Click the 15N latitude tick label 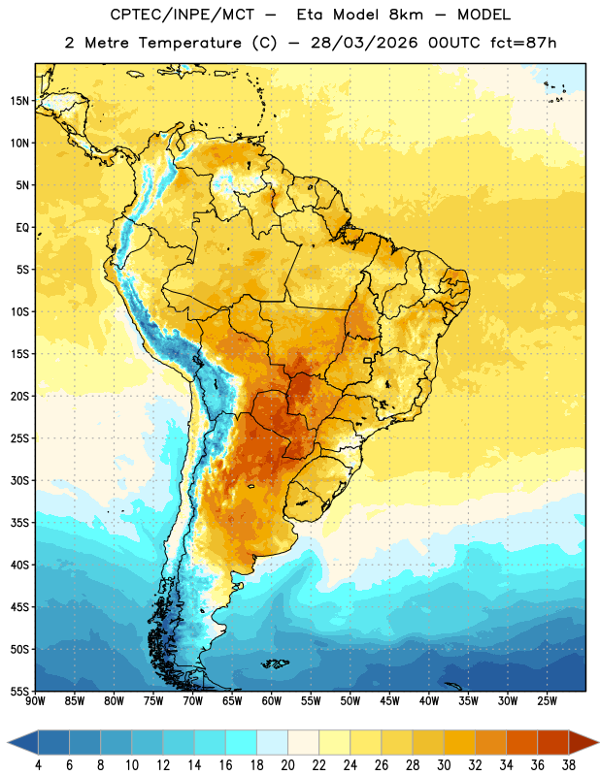tap(19, 101)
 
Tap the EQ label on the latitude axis tap(22, 228)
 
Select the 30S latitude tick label tap(19, 480)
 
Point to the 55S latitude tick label tap(19, 692)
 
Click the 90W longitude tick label tap(35, 701)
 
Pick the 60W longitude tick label tap(272, 701)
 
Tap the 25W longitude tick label tap(547, 701)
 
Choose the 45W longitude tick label tap(389, 701)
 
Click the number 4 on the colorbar tap(38, 765)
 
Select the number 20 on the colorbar tap(287, 765)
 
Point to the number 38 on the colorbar tap(569, 765)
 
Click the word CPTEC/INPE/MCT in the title tap(183, 15)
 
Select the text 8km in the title tap(406, 15)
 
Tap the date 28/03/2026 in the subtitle tap(364, 43)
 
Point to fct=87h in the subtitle tap(523, 43)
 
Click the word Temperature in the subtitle tap(189, 43)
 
